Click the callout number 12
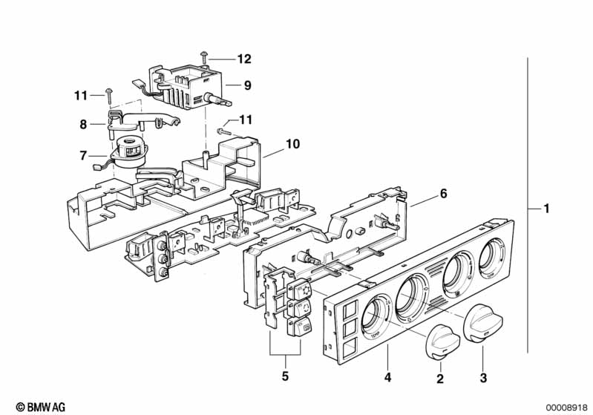pos(244,59)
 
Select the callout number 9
pos(248,85)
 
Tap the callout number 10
pos(292,144)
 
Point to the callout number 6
pos(443,194)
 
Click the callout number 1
pos(546,209)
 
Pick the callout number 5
pos(285,376)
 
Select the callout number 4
pos(387,377)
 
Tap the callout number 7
pos(83,155)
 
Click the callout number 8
pos(83,125)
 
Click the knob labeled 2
pos(442,342)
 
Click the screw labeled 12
pos(205,57)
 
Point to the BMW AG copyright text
pos(41,407)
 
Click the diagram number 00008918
pos(566,408)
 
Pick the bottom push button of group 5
pos(300,327)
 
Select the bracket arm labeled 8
pos(141,120)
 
